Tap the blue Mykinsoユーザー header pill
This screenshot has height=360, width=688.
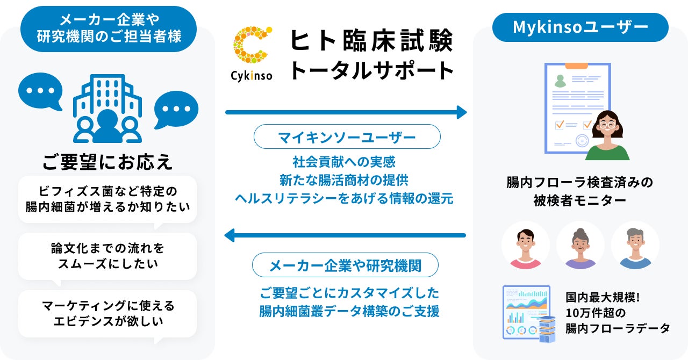580,27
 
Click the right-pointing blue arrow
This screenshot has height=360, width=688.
346,112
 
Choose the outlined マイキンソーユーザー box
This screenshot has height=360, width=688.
347,137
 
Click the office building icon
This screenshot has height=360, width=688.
107,107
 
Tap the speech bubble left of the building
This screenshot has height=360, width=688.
40,91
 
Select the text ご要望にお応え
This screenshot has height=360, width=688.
107,161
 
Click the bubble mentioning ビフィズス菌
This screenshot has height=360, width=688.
107,199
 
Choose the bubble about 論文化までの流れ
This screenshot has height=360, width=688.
107,256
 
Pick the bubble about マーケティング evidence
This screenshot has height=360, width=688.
107,314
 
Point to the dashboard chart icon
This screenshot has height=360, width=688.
527,312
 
